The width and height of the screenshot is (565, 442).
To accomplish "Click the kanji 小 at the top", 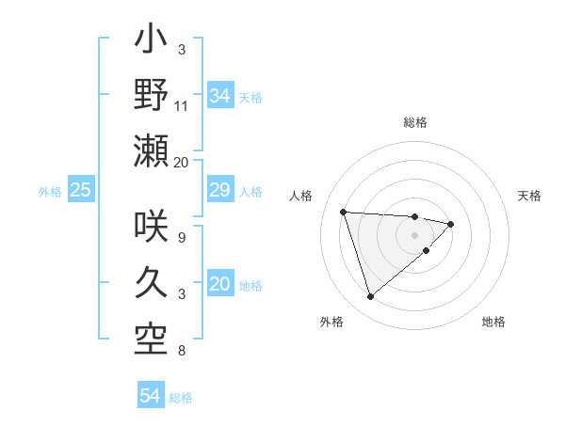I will (x=152, y=42).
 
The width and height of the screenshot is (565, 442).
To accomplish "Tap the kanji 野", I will (x=152, y=95).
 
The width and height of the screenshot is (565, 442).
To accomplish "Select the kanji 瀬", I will (x=152, y=150).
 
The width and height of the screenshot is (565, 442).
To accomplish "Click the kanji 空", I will (x=152, y=337).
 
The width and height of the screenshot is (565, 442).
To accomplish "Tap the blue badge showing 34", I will (x=220, y=95).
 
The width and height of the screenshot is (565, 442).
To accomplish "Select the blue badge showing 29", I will (x=220, y=190).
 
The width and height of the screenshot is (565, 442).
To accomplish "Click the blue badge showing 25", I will (x=81, y=190).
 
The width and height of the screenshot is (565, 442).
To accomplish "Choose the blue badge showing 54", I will (x=151, y=396).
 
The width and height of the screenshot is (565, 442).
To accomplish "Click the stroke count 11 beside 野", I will (x=182, y=105).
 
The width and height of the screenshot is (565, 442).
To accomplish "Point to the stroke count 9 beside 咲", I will (x=181, y=238).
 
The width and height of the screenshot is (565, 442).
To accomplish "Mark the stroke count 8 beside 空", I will (x=181, y=351).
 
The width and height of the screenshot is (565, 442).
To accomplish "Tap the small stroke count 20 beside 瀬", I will (x=182, y=162).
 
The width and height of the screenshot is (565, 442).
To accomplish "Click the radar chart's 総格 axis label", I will (x=414, y=122).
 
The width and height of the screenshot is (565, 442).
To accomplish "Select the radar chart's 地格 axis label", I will (x=493, y=322).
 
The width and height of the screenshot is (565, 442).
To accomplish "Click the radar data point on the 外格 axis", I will (x=370, y=297).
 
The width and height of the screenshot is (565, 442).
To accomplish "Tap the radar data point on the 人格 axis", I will (x=344, y=212).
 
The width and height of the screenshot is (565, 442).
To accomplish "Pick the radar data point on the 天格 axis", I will (x=451, y=224).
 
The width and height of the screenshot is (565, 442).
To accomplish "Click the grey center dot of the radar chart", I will (x=414, y=234).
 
